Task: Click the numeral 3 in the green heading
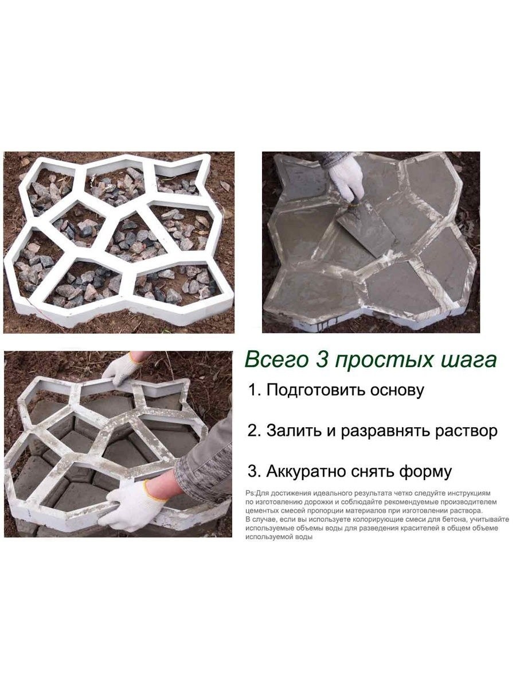(323, 360)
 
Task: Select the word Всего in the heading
(276, 361)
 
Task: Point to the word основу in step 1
(397, 391)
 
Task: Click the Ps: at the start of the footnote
(249, 493)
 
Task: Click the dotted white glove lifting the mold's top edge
(122, 370)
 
